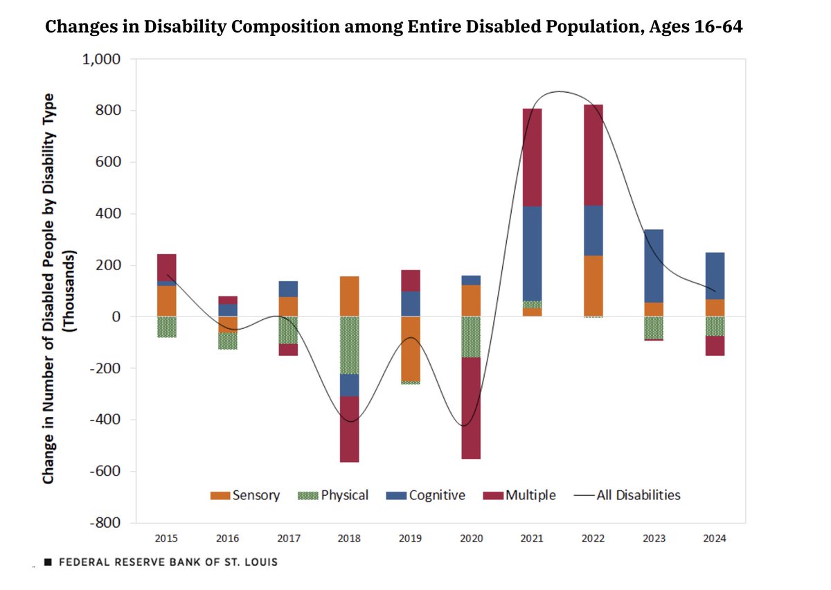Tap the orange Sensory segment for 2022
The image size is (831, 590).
(x=593, y=285)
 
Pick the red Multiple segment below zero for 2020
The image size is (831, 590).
(x=471, y=408)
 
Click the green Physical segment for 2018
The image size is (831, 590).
(x=349, y=345)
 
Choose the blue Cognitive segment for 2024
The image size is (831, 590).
(x=715, y=276)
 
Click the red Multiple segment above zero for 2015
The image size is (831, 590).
(x=166, y=267)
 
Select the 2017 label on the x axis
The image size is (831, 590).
(x=288, y=538)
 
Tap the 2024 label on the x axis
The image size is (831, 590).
(x=715, y=538)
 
